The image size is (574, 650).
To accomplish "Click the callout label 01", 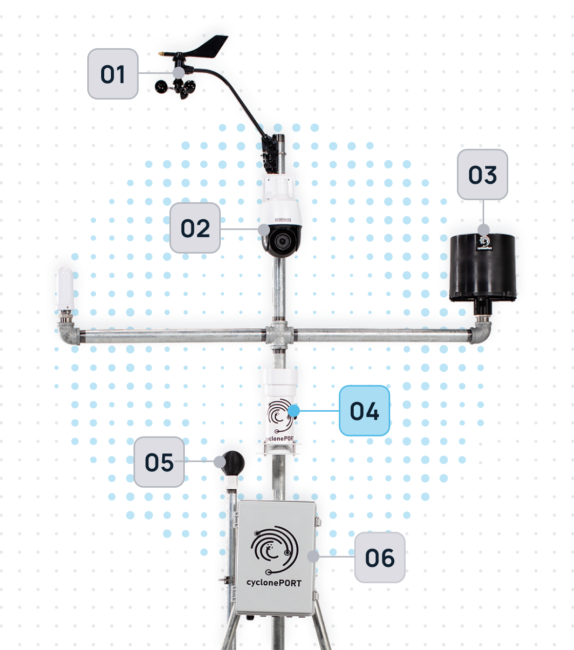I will click(x=113, y=74).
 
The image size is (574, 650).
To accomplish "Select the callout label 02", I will click(x=195, y=228).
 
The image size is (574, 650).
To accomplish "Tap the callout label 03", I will click(x=483, y=175).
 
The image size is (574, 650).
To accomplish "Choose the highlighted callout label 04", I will click(x=365, y=411).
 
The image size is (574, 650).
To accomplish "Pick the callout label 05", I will click(x=159, y=462).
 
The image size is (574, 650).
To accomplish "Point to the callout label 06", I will click(x=380, y=558).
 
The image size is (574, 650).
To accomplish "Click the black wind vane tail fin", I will click(x=211, y=44).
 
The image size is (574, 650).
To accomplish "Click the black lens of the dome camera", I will click(x=282, y=240).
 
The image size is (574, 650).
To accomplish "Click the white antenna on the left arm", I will click(x=65, y=288).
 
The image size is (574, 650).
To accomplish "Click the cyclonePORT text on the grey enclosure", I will click(x=274, y=583).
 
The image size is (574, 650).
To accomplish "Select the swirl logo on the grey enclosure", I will click(x=274, y=549).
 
